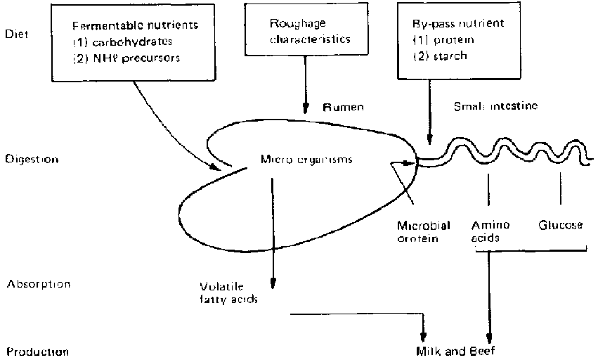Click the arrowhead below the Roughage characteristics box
pos(306,108)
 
